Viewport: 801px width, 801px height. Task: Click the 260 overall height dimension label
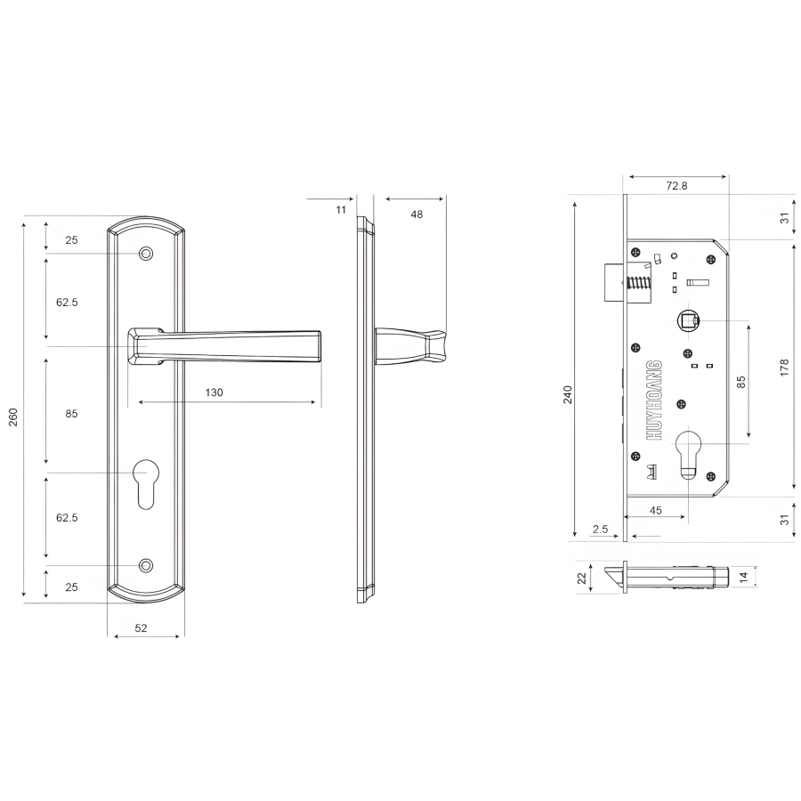(13, 417)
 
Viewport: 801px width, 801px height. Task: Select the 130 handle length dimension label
(214, 392)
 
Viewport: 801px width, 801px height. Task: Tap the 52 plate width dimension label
(141, 627)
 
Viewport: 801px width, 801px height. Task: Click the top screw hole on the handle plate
(146, 254)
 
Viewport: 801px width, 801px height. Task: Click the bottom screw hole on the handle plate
(146, 565)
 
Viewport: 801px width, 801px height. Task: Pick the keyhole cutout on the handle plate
(146, 483)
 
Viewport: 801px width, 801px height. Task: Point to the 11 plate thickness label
(341, 209)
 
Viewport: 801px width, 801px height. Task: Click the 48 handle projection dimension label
(417, 214)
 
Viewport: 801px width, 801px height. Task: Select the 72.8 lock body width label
(677, 186)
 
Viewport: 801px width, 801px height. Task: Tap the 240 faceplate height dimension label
(568, 394)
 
